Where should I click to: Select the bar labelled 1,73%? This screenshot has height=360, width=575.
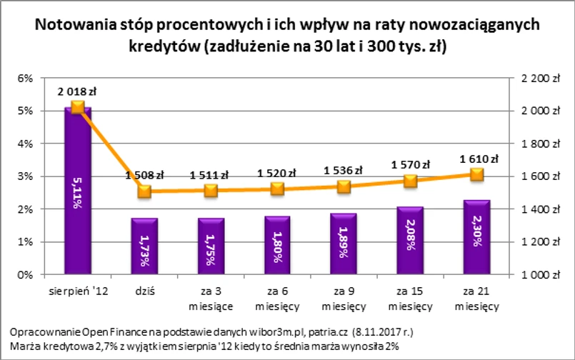tap(144, 246)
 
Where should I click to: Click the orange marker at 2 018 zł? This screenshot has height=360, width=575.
tap(77, 107)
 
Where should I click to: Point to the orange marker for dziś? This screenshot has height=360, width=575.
tap(144, 191)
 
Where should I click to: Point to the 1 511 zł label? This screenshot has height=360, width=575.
tap(209, 175)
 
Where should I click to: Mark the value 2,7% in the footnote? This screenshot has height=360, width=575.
tap(82, 346)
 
